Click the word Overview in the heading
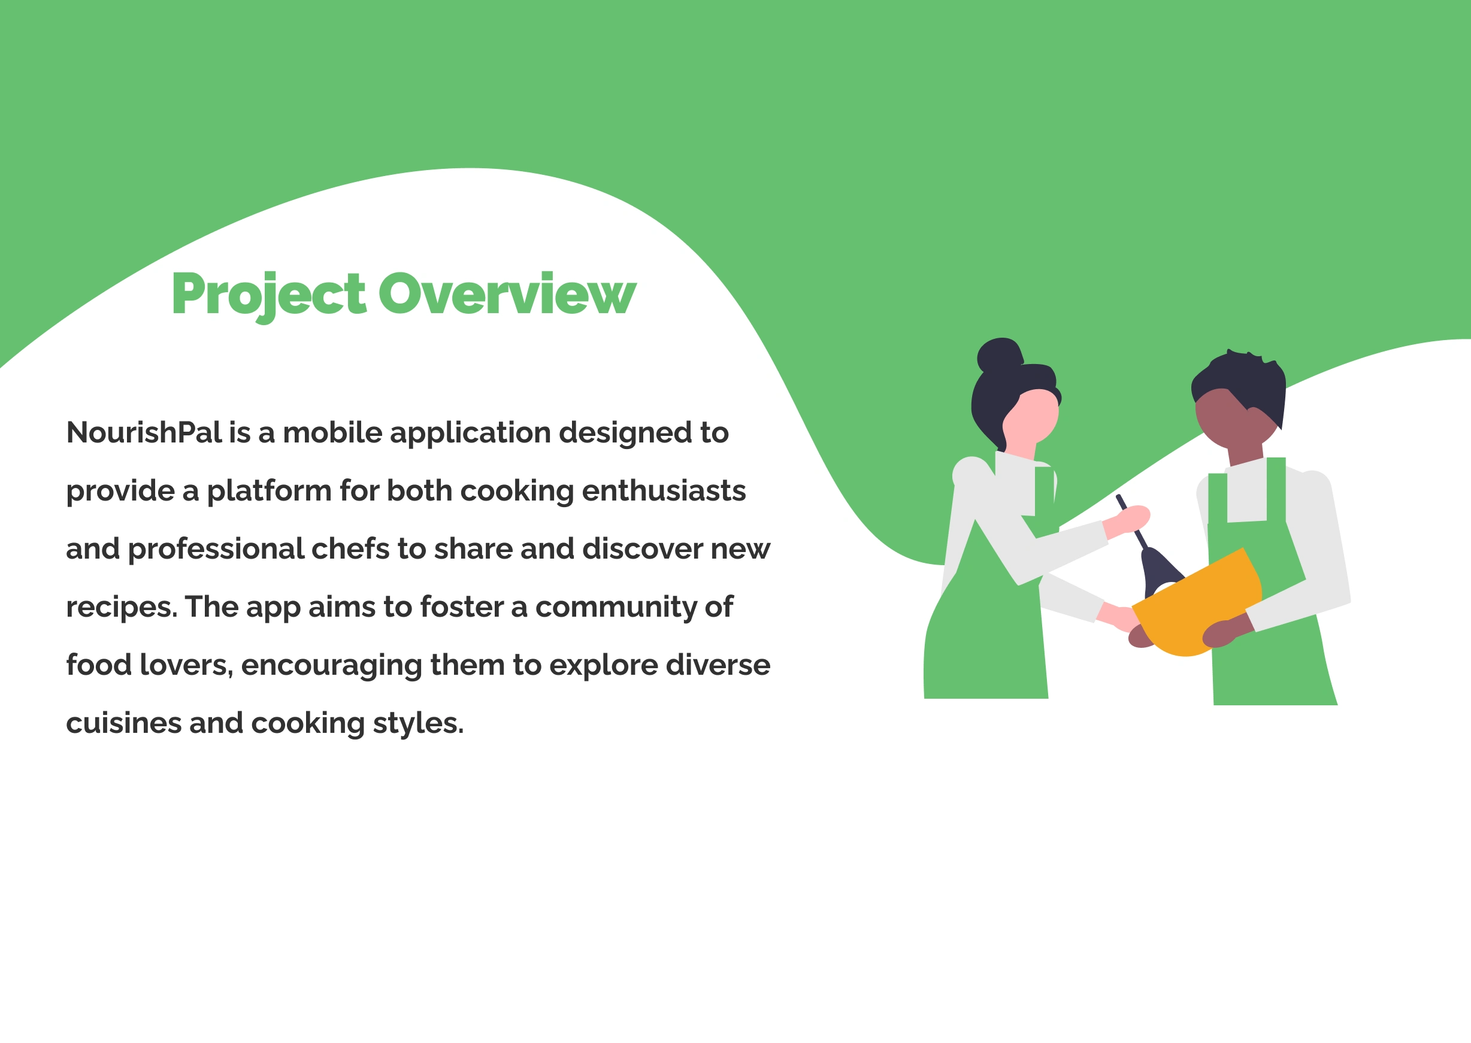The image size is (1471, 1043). [x=507, y=294]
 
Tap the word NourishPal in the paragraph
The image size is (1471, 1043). [x=144, y=432]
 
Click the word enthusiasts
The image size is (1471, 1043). [x=664, y=491]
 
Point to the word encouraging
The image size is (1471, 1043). [x=331, y=665]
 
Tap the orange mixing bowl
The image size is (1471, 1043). [x=1197, y=607]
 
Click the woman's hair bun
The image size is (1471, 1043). [x=999, y=355]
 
